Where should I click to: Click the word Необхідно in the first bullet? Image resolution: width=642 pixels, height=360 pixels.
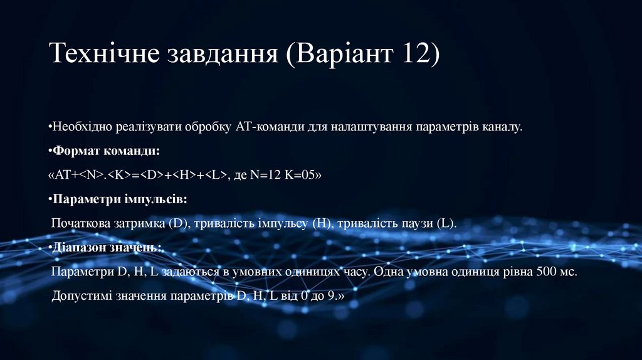coord(83,127)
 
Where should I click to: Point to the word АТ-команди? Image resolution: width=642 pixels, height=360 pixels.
coord(270,127)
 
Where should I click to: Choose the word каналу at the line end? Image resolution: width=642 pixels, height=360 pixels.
coord(502,127)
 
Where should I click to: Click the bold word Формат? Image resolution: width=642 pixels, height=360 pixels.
coord(75,151)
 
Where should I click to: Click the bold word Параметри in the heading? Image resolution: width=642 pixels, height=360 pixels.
coord(81,199)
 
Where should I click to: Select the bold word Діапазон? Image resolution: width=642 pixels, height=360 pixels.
coord(78,248)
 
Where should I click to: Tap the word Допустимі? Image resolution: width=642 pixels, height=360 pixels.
coord(81,296)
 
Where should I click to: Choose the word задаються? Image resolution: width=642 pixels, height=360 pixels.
coord(188,272)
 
